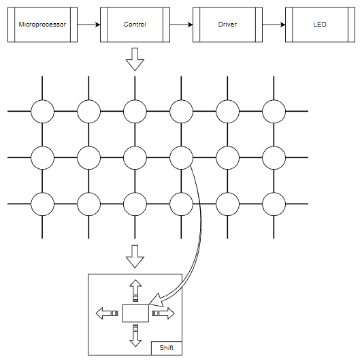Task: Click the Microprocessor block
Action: coord(42,25)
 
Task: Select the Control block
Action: coord(135,25)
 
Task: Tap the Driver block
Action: coord(227,25)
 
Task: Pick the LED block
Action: coord(320,25)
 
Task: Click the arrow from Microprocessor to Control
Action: coord(88,25)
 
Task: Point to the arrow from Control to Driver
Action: coord(181,25)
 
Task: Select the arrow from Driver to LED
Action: coord(274,25)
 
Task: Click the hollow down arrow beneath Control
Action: coord(135,59)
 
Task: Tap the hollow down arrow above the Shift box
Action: coord(135,257)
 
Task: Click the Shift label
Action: coord(166,347)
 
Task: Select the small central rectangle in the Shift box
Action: coord(135,313)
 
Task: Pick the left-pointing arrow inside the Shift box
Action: coord(107,313)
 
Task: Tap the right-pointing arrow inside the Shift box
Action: coord(163,313)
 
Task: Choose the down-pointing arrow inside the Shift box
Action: coord(135,336)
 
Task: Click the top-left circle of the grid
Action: coord(42,112)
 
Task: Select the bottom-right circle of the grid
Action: coord(274,204)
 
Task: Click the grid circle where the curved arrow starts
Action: coord(181,158)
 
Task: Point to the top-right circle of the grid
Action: coord(274,112)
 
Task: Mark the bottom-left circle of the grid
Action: coord(42,204)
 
